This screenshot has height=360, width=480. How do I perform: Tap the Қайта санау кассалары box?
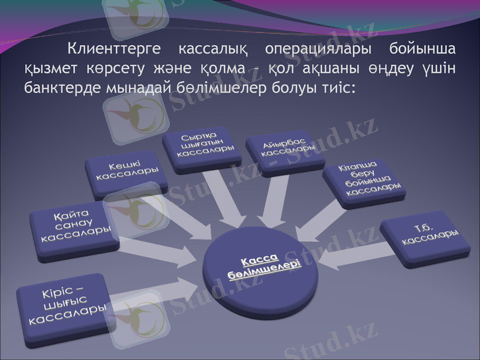pyautogui.click(x=75, y=226)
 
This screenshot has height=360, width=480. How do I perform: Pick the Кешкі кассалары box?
pyautogui.click(x=127, y=172)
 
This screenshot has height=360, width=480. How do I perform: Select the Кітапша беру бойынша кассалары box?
pyautogui.click(x=363, y=178)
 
